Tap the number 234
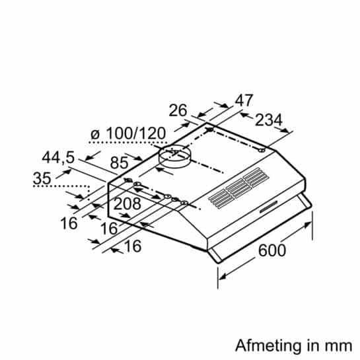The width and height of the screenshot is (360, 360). pyautogui.click(x=268, y=120)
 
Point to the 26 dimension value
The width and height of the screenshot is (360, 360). pyautogui.click(x=178, y=110)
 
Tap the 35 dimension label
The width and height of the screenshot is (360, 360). pyautogui.click(x=41, y=178)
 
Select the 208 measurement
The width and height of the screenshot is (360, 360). pyautogui.click(x=127, y=204)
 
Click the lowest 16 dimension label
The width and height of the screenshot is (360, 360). pyautogui.click(x=132, y=247)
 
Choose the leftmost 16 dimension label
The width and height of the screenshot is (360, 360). pyautogui.click(x=69, y=223)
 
